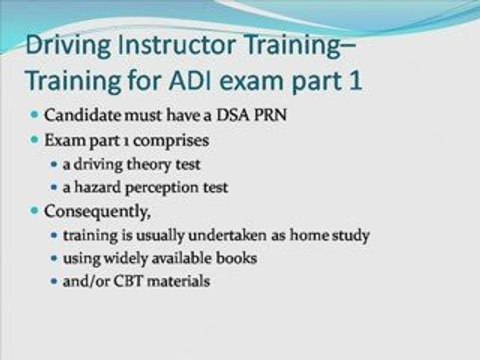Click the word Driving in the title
pyautogui.click(x=68, y=46)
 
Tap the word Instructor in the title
pyautogui.click(x=177, y=45)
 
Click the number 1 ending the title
pyautogui.click(x=355, y=81)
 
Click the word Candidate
pyautogui.click(x=83, y=115)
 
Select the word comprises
pyautogui.click(x=171, y=141)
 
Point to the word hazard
pyautogui.click(x=97, y=187)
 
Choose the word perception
pyautogui.click(x=162, y=188)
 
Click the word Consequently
pyautogui.click(x=97, y=212)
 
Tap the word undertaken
pyautogui.click(x=227, y=235)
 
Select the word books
pyautogui.click(x=236, y=258)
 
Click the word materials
pyautogui.click(x=179, y=281)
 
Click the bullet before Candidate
pyautogui.click(x=34, y=115)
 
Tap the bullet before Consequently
pyautogui.click(x=34, y=211)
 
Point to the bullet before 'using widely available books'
pyautogui.click(x=54, y=258)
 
